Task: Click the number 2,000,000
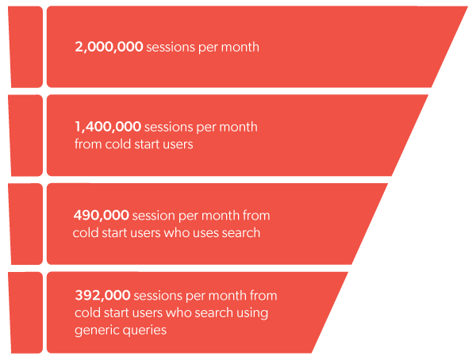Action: (x=109, y=48)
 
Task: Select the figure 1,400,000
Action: (x=108, y=127)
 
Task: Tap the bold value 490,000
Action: (x=102, y=215)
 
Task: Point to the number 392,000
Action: (x=102, y=296)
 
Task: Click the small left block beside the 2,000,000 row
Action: (x=26, y=47)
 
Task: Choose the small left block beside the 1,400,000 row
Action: (x=26, y=135)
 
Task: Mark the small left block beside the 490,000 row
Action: (x=26, y=224)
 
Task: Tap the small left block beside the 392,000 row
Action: (x=26, y=312)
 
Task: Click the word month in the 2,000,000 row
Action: (x=241, y=48)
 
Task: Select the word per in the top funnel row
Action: (x=209, y=48)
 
